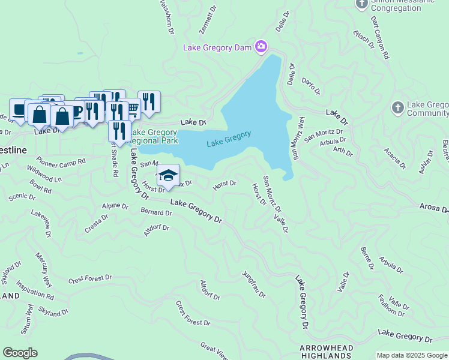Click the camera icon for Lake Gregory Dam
tap(261, 46)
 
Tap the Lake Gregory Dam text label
tap(218, 47)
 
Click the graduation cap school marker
tap(169, 175)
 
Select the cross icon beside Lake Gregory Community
tap(397, 108)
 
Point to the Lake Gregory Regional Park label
tap(155, 137)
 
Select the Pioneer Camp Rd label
tap(61, 161)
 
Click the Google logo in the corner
tap(20, 353)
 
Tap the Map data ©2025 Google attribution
tap(412, 355)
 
